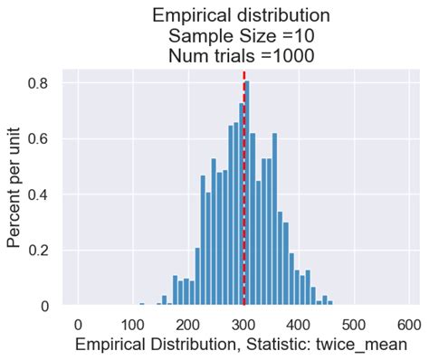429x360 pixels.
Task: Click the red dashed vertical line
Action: coord(244,181)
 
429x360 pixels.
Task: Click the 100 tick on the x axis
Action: coord(134,325)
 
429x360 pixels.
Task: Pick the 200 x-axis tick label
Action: coord(189,325)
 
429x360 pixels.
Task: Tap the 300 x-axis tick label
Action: coord(244,325)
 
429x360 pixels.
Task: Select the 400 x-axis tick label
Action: coord(300,325)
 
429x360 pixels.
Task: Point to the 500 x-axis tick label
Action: coord(355,325)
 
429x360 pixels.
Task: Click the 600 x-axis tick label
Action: coord(410,325)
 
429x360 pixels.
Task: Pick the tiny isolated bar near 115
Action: coord(141,305)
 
